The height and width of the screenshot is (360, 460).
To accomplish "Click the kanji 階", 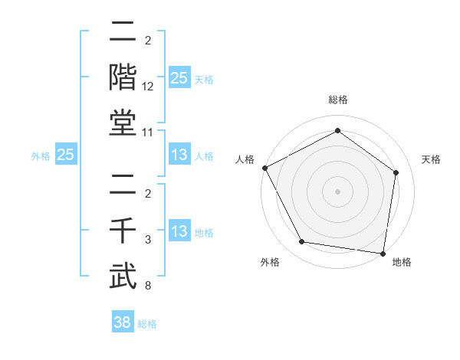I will click(123, 78).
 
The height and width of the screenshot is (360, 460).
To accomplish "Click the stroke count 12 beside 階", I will click(148, 87).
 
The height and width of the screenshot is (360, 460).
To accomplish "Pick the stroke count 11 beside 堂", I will click(148, 133).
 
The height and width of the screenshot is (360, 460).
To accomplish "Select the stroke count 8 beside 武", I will click(148, 286).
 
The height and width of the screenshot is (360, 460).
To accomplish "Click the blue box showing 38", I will click(123, 323).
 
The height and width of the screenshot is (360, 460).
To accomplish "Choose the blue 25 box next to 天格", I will click(179, 78).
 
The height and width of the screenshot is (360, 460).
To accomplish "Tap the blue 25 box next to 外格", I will click(66, 155).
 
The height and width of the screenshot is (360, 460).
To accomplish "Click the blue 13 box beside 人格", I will click(179, 155).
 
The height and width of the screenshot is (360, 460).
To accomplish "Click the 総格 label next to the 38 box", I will click(147, 324).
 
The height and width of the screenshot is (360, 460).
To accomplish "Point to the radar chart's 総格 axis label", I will click(337, 100).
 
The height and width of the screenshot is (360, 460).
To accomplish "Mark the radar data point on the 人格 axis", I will click(264, 168).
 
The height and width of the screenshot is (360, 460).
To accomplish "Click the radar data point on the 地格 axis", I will click(383, 253).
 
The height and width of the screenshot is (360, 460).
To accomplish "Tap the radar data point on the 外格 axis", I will click(302, 242).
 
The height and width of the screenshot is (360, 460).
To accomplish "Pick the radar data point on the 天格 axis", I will click(396, 172).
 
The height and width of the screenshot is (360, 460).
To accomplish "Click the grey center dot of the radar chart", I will click(337, 191).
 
